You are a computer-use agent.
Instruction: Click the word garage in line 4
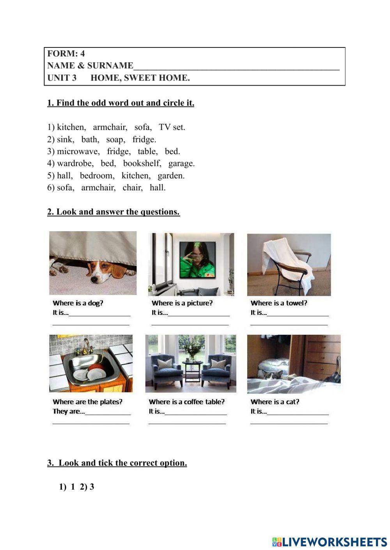(181, 163)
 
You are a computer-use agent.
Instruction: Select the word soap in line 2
(115, 139)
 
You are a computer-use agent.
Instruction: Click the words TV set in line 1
(172, 127)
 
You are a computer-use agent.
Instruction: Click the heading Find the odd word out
(121, 103)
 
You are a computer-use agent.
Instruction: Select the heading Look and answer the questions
(113, 212)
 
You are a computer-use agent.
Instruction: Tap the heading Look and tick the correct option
(117, 463)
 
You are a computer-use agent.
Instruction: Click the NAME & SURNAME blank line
(236, 67)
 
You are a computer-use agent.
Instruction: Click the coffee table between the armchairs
(192, 370)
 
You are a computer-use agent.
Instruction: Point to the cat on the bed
(268, 374)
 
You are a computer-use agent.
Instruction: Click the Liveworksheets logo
(329, 542)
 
